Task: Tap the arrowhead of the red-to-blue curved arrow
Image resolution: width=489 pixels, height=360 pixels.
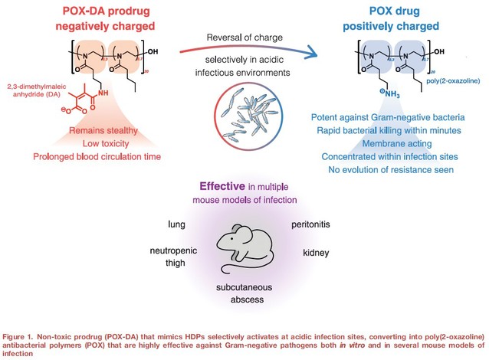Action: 314,53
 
